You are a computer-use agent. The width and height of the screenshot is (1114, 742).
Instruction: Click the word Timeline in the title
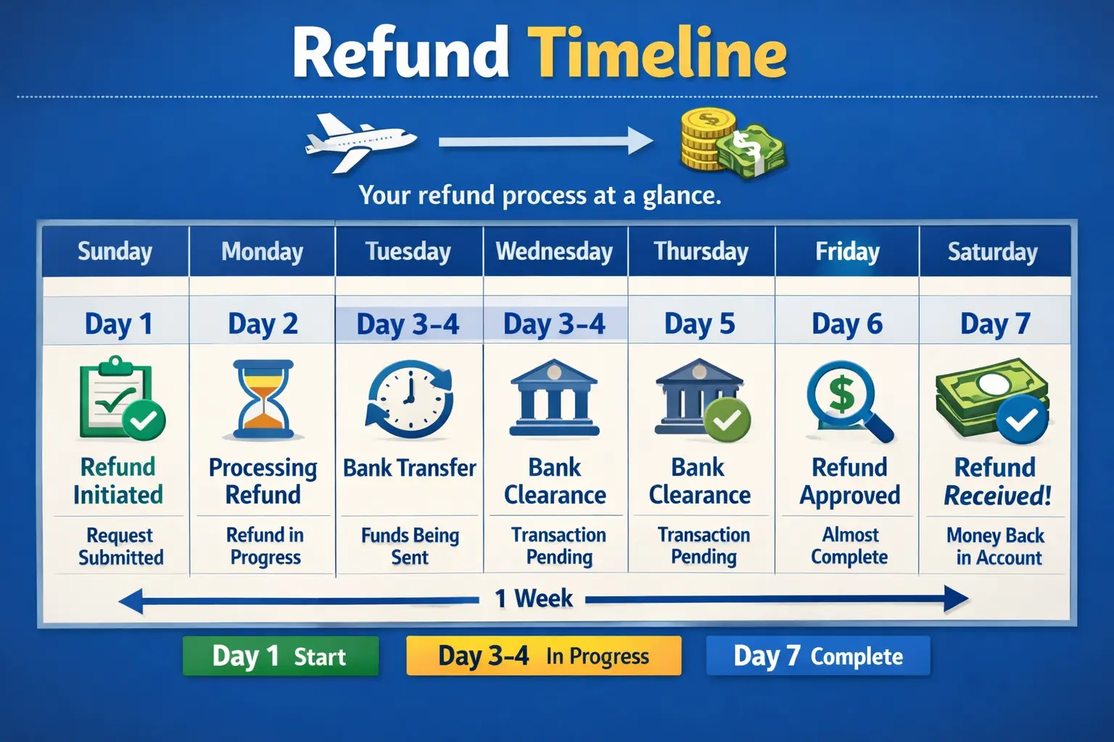[657, 53]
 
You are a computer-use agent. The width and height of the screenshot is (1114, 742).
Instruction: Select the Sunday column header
[115, 251]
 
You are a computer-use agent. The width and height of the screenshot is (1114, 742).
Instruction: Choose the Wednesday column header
[555, 251]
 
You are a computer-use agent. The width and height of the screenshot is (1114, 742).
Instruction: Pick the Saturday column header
[993, 251]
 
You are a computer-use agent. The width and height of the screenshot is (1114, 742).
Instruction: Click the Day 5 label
[700, 324]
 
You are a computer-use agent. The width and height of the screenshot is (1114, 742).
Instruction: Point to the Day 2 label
[263, 324]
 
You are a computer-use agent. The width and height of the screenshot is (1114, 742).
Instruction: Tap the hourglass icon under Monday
[263, 399]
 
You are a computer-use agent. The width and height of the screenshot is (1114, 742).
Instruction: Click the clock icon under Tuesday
[409, 399]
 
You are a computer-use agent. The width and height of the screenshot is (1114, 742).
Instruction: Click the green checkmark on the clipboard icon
[144, 420]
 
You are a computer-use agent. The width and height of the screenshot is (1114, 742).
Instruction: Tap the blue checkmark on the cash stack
[1021, 420]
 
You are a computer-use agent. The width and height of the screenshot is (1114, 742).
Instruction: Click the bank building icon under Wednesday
[555, 398]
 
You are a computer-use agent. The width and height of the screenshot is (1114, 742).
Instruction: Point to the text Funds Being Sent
[410, 546]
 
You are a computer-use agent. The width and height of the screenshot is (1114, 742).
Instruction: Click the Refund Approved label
[849, 481]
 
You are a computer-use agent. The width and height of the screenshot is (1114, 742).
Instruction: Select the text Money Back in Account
[996, 546]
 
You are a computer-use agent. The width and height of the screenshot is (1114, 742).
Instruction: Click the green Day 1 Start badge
[281, 656]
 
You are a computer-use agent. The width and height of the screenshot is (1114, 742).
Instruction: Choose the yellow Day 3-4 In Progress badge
[543, 656]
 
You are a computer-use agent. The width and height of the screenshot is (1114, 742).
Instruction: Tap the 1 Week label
[533, 599]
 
